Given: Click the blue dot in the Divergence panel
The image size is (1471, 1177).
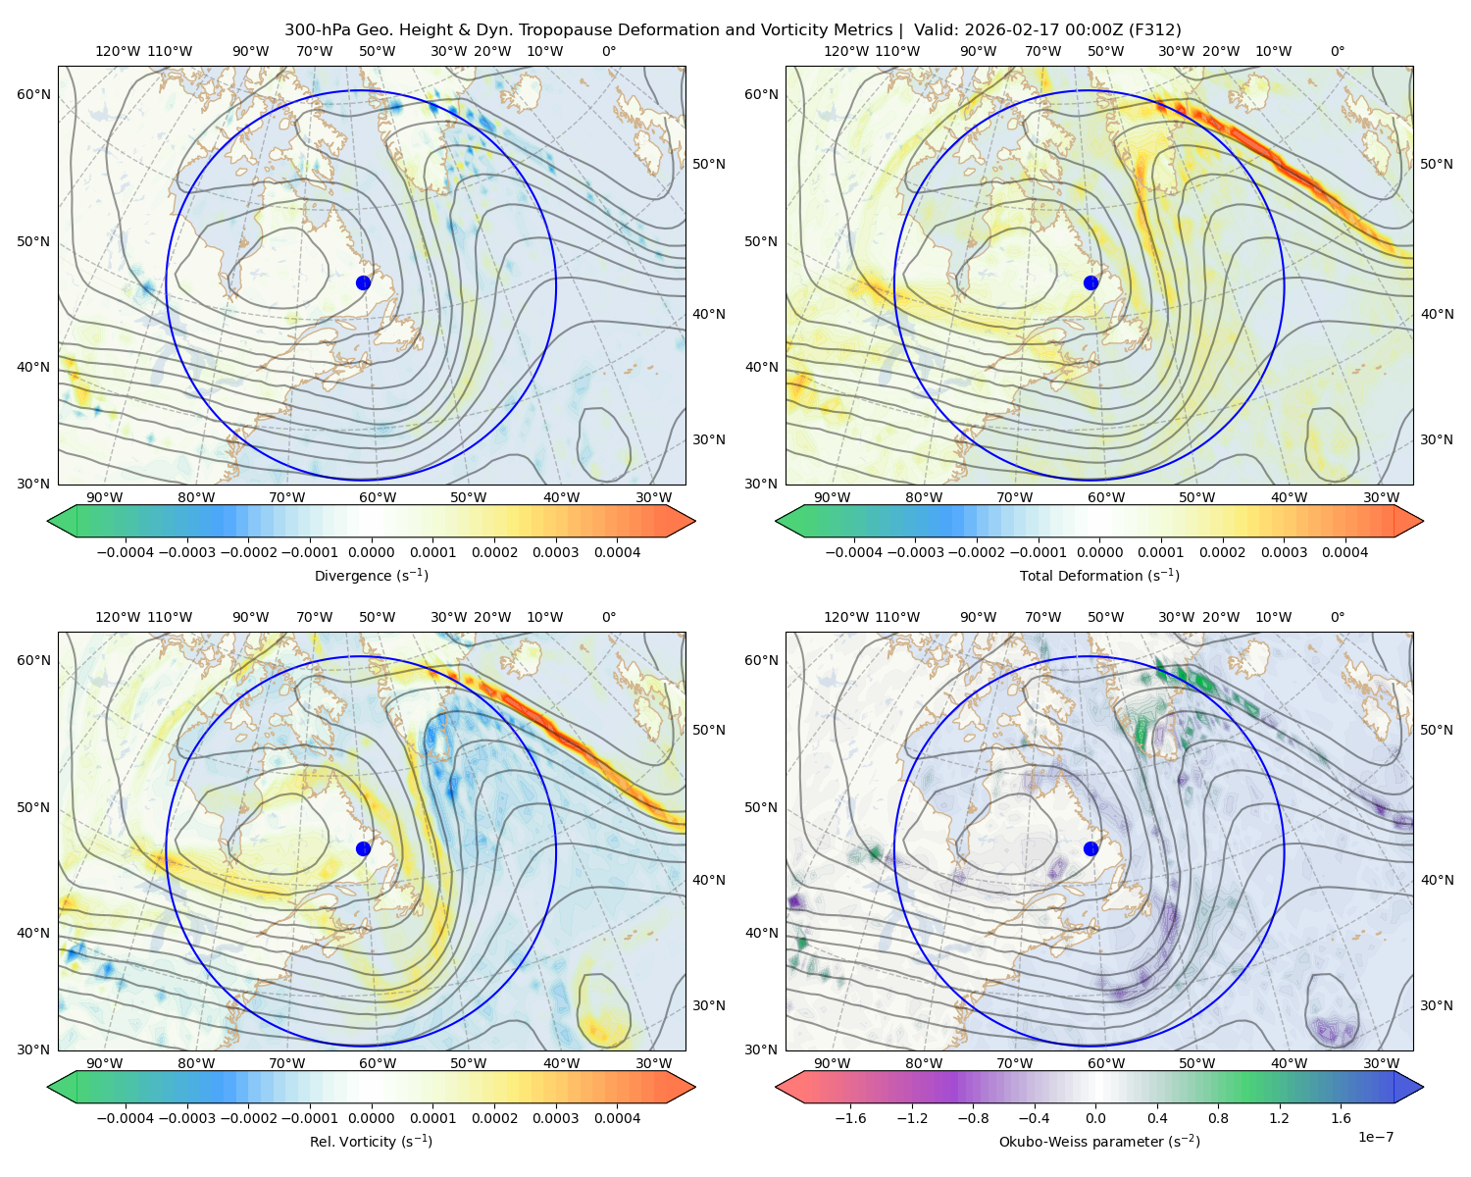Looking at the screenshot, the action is pos(363,283).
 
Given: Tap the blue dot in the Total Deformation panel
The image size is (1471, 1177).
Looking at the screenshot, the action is pos(1091,283).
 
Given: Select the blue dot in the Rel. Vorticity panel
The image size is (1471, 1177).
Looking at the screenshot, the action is pos(363,848).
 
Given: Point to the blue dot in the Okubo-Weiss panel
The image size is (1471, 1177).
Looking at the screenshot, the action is pos(1091,848).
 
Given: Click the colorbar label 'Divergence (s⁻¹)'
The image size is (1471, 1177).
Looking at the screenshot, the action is pos(371,575).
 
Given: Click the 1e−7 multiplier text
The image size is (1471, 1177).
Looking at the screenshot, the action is pos(1375,1137).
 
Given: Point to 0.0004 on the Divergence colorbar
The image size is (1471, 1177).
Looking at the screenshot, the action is pos(617,552).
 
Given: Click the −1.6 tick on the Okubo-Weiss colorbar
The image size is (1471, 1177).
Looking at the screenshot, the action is pos(850,1118).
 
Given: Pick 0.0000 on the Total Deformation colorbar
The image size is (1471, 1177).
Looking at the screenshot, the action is pos(1100,552).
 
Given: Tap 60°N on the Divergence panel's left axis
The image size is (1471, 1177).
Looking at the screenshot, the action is pos(33,94).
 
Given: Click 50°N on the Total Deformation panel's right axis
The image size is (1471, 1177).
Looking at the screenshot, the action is pos(1437,164).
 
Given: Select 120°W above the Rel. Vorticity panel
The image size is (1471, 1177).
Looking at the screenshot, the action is pos(118,617).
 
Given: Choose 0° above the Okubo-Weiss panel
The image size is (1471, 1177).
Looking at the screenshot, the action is pos(1337,617).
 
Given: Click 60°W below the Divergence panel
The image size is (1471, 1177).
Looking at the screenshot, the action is pos(378,498).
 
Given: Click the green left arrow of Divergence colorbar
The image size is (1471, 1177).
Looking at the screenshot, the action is pos(62,521).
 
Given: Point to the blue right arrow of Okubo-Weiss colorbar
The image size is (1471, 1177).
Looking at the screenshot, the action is pos(1409,1087).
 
